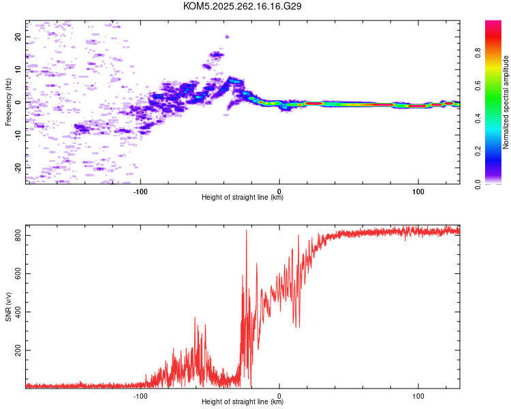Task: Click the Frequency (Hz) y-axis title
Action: (8, 102)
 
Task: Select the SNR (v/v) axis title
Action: (8, 306)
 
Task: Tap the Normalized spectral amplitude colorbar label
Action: (506, 102)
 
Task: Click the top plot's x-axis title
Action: (243, 197)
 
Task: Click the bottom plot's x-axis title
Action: (243, 402)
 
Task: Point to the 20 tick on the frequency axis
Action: (18, 37)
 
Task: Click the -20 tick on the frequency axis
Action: (18, 167)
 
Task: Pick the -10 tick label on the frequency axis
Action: (18, 134)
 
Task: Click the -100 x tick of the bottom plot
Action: (140, 395)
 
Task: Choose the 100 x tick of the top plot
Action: (418, 190)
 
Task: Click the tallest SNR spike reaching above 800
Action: (246, 232)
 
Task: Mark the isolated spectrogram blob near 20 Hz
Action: (227, 36)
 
